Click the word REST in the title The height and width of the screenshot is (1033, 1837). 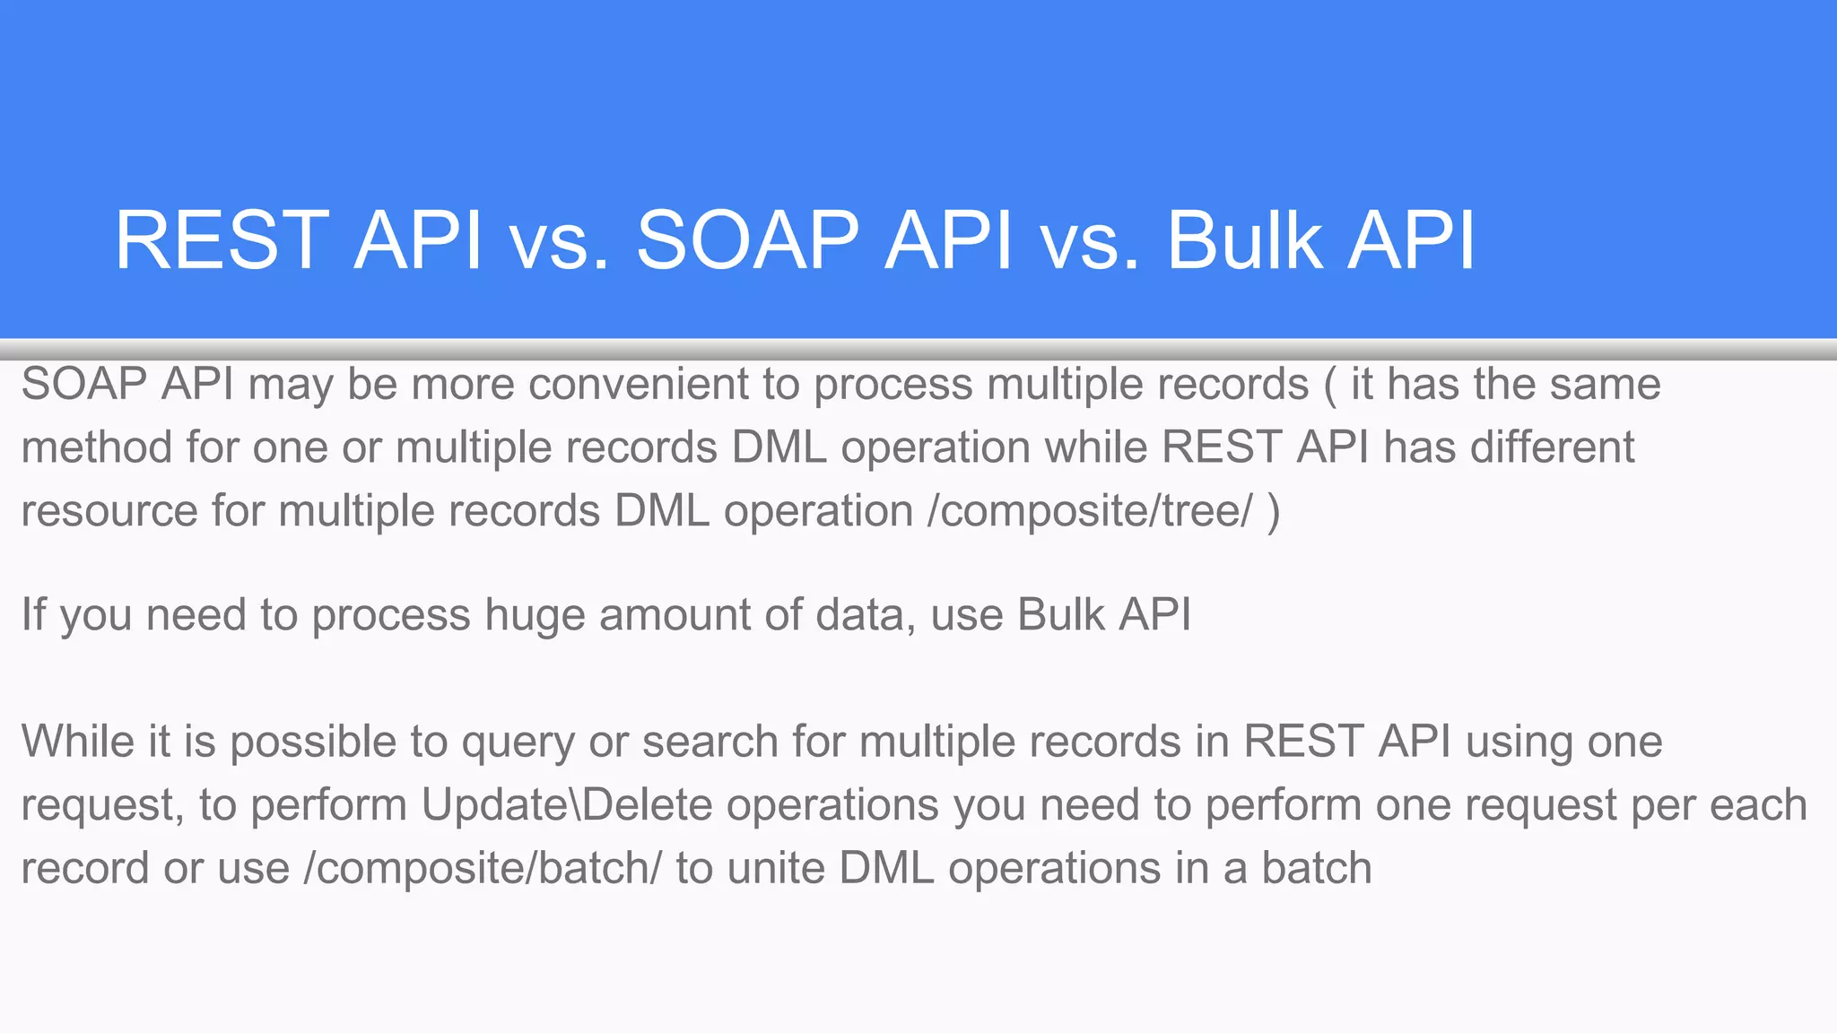tap(222, 239)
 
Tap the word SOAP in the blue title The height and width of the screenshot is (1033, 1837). tap(747, 239)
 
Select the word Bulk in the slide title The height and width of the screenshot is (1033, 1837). tap(1244, 239)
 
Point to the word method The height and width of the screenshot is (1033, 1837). tap(96, 447)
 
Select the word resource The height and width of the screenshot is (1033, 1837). tap(109, 511)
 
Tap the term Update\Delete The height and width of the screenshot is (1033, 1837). tap(566, 804)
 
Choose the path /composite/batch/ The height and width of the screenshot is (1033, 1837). tap(483, 868)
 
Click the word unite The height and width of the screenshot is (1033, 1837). tap(777, 868)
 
